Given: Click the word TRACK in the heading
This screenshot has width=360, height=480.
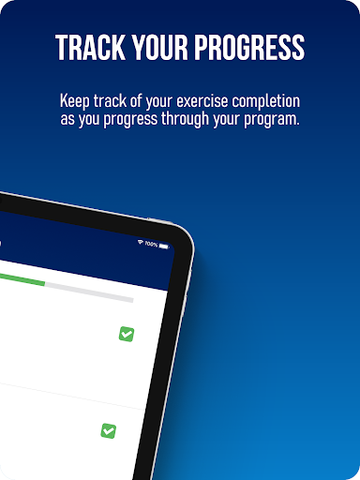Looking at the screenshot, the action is [x=91, y=47].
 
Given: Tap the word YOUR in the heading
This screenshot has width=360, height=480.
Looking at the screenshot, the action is [x=159, y=47].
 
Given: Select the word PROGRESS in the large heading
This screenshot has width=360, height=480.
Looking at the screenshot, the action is [x=249, y=47].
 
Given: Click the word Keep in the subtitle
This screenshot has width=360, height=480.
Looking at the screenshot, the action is [x=75, y=101].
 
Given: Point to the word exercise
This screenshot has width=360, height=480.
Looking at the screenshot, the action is [x=202, y=101].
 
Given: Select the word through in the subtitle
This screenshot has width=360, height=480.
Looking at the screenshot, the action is [x=185, y=120].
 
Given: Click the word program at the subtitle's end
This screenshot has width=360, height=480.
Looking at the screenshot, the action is [x=272, y=120].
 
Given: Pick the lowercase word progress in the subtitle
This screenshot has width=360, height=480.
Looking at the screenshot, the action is [x=130, y=120].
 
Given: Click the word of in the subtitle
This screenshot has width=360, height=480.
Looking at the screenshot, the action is [x=136, y=101].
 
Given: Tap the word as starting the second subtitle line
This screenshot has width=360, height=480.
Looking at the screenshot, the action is [x=67, y=119].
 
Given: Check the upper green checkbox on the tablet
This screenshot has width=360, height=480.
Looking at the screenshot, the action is [x=127, y=334].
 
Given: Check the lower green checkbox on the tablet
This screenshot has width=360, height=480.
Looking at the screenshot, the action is [x=109, y=431].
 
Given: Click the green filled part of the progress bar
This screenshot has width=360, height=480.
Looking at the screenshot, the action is [x=22, y=279].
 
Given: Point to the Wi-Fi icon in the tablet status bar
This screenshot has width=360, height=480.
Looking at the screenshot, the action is [x=141, y=242].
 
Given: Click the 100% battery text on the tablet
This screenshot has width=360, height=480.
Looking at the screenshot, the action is [x=151, y=245].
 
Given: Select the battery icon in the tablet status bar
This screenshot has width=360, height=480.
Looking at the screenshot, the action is [x=164, y=247].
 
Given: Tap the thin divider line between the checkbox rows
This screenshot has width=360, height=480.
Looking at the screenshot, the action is [x=72, y=397].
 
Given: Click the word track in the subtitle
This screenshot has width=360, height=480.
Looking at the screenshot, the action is [x=110, y=101].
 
